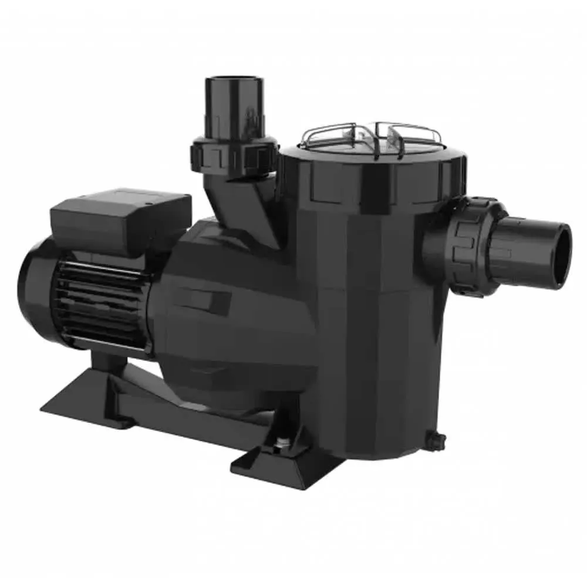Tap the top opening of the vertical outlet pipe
click(x=234, y=82)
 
